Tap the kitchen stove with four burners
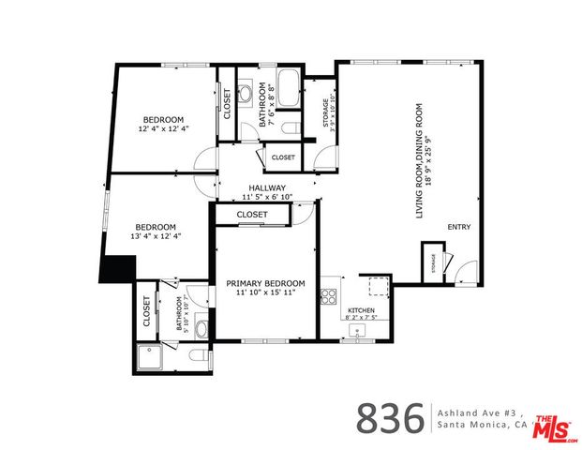pos(330,297)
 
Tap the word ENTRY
pos(458,227)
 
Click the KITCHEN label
pos(362,310)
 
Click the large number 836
pos(389,419)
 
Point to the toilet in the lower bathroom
pos(194,357)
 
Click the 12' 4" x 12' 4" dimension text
pos(164,128)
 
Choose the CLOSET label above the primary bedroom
pos(251,215)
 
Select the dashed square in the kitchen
pos(378,286)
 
